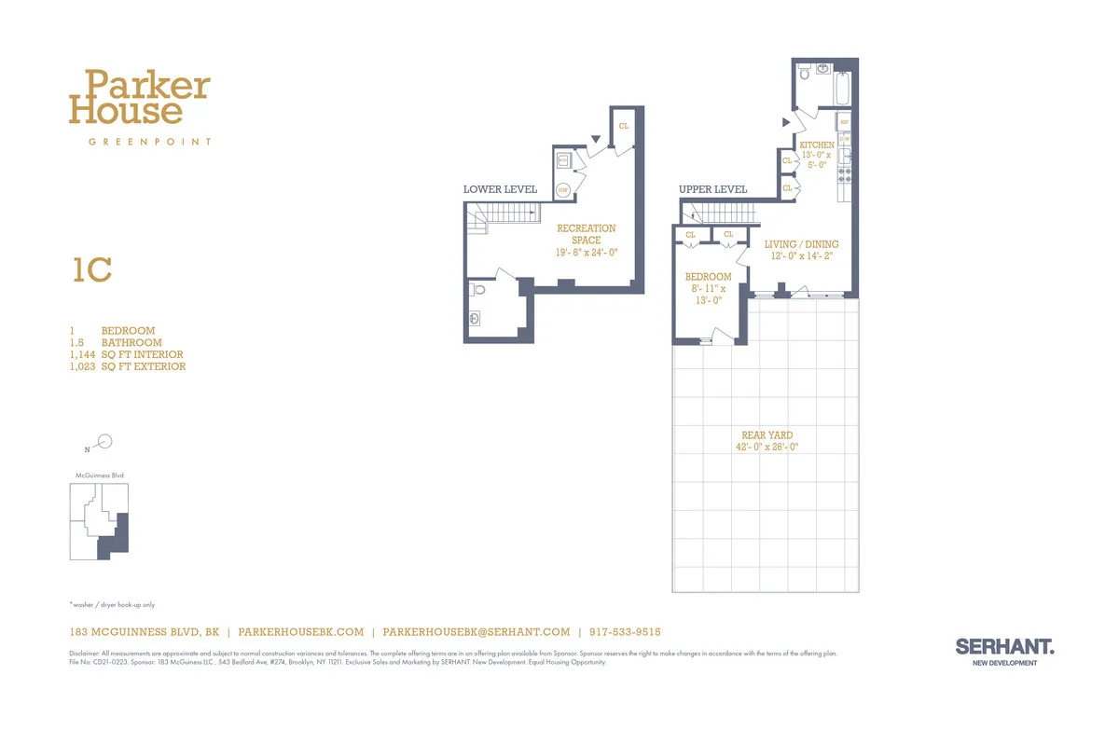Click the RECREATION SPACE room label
click(x=586, y=234)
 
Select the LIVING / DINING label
click(x=801, y=244)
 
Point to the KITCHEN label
click(x=816, y=145)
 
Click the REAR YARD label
click(x=767, y=435)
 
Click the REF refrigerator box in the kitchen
click(x=843, y=122)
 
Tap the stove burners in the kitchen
click(x=845, y=173)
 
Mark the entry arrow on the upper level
click(x=785, y=122)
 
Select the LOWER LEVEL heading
click(x=500, y=189)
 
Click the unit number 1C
click(x=92, y=270)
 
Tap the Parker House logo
click(x=140, y=98)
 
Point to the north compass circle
click(x=105, y=442)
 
